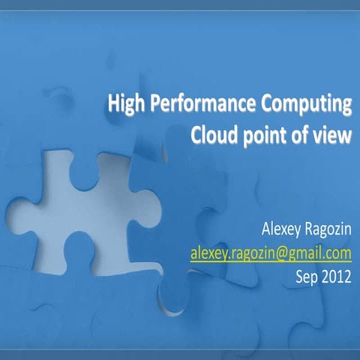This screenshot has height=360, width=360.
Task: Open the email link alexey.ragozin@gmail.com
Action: point(270,251)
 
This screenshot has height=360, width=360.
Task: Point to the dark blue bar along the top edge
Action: point(180,4)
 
